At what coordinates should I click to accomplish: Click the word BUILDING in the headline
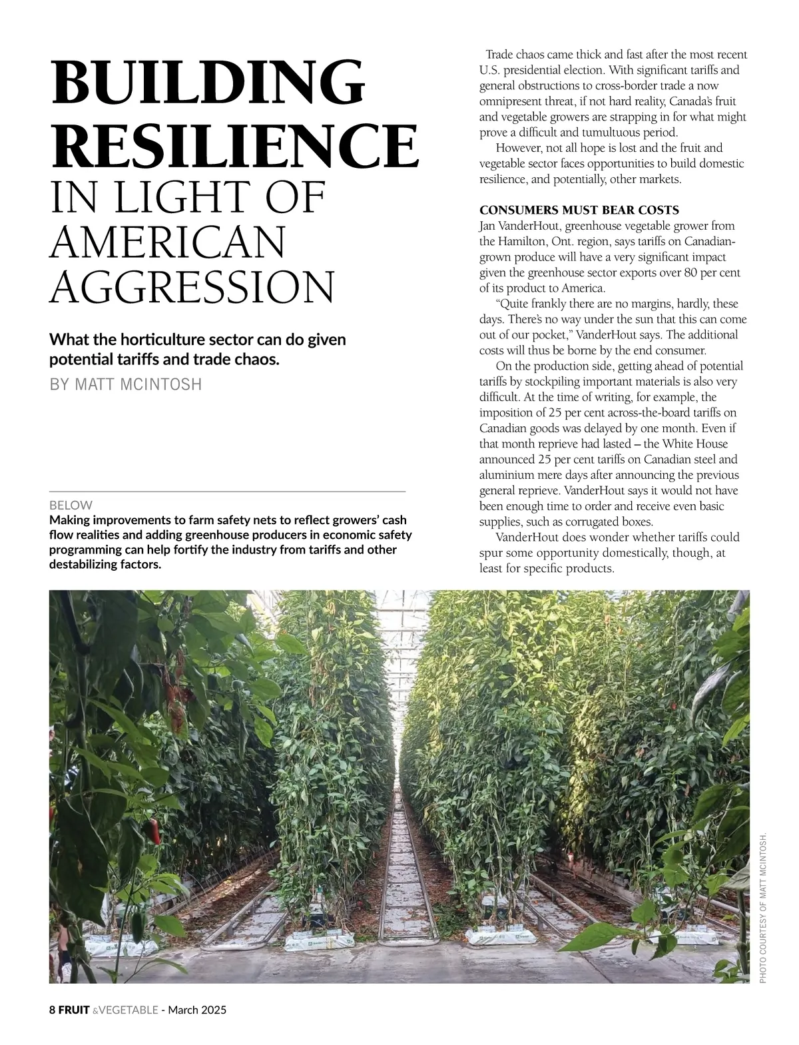pos(208,83)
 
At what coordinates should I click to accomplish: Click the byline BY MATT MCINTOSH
pos(125,384)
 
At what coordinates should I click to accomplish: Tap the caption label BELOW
pos(71,506)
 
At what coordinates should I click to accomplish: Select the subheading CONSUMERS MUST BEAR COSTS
pos(579,210)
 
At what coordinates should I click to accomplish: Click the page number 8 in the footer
pos(53,1010)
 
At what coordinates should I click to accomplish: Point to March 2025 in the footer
pos(197,1010)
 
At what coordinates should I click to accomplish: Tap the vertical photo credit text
pos(763,906)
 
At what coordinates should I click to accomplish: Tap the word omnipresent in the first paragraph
pos(511,101)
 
